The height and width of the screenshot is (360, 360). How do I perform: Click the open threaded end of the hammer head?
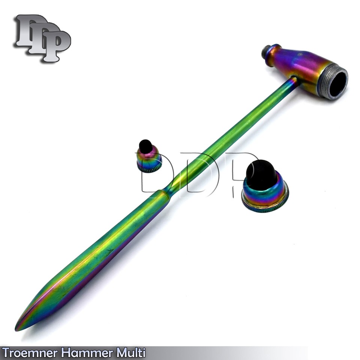click(x=336, y=81)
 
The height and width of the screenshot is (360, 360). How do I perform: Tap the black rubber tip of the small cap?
click(x=145, y=145)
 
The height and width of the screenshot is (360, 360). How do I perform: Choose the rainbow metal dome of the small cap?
click(x=149, y=158)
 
